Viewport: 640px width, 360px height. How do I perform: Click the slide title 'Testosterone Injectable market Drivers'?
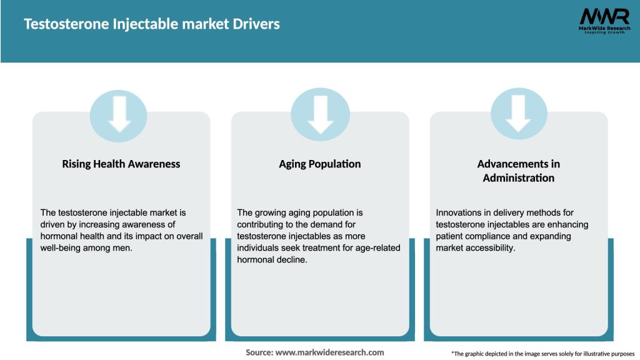152,24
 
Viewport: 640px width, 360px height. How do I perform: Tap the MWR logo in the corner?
604,16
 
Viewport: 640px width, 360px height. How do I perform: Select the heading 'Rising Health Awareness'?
121,164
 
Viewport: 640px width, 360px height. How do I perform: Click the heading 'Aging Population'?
320,164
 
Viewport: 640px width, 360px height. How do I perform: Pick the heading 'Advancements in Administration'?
519,171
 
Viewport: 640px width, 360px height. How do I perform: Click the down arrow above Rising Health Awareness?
119,114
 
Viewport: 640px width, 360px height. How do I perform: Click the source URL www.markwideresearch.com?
330,352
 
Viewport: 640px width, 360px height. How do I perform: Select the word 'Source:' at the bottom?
259,352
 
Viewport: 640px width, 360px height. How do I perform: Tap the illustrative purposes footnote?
542,354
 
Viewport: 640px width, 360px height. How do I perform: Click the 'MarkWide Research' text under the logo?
604,28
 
